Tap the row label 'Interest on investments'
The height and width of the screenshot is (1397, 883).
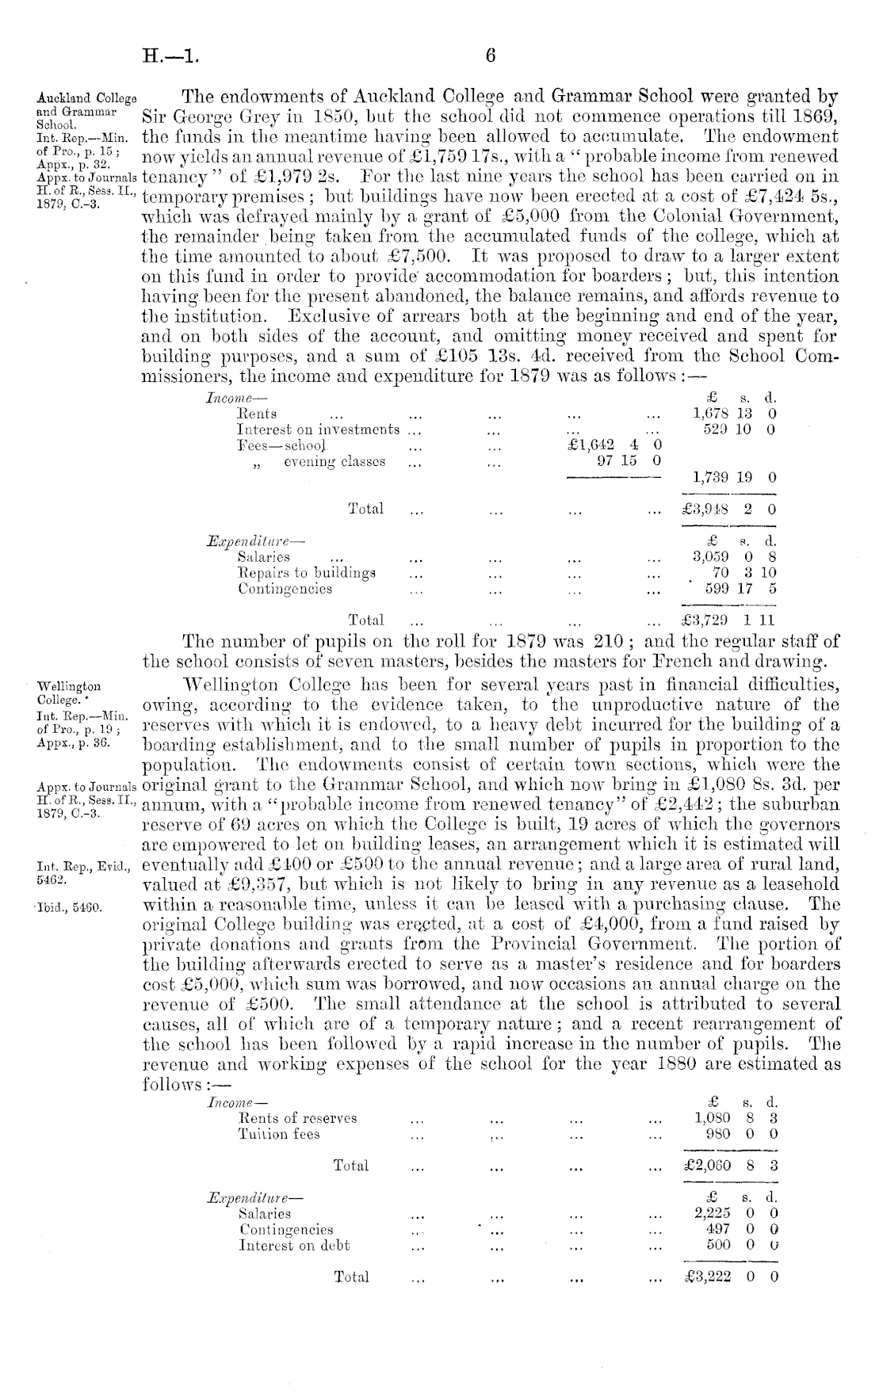click(x=319, y=429)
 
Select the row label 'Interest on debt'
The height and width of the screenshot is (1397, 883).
click(x=294, y=1245)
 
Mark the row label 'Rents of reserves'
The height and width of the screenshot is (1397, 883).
click(x=297, y=1118)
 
